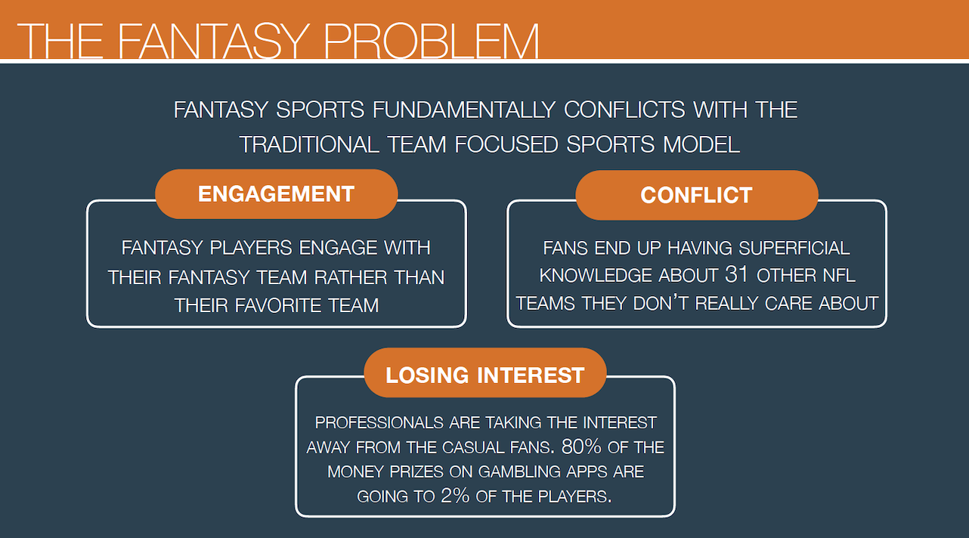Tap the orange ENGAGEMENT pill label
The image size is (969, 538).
(x=277, y=193)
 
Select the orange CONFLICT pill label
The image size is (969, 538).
(x=696, y=195)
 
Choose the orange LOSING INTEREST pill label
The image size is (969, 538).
(x=485, y=373)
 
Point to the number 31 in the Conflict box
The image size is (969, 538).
(x=736, y=274)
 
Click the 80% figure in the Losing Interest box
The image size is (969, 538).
(x=581, y=447)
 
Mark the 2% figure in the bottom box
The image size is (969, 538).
(x=455, y=496)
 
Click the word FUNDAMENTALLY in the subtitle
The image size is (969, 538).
(x=464, y=110)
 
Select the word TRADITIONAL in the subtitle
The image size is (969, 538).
(x=309, y=144)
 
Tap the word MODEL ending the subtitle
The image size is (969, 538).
(x=701, y=144)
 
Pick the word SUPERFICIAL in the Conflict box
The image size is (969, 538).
(x=794, y=249)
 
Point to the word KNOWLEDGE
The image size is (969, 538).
(x=596, y=276)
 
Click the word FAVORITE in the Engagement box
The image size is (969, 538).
(x=277, y=305)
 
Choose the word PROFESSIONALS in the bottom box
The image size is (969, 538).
(x=379, y=422)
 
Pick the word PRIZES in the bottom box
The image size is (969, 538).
(x=416, y=472)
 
